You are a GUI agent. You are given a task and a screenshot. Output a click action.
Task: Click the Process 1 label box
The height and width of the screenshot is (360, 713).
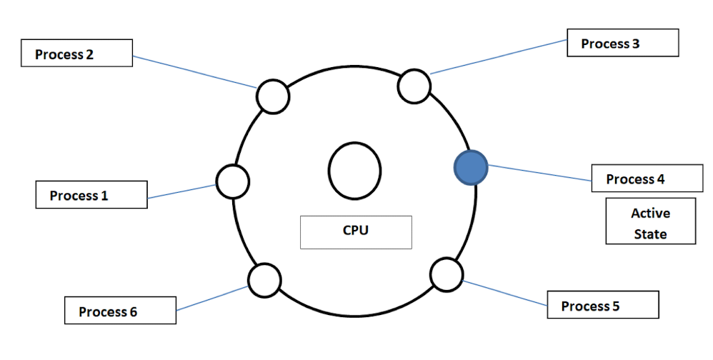tap(91, 194)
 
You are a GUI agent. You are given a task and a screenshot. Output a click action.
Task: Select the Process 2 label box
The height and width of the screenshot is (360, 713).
tap(77, 54)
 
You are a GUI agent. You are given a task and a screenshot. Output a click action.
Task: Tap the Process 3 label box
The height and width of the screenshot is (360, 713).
tap(622, 43)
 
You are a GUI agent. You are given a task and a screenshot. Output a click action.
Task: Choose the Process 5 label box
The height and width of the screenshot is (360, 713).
tap(602, 305)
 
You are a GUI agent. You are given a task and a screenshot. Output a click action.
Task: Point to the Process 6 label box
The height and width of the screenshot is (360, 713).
tap(119, 311)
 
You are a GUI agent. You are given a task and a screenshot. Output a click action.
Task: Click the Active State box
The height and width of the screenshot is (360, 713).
tap(650, 222)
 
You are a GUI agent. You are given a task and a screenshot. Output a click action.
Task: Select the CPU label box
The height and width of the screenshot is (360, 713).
tap(356, 231)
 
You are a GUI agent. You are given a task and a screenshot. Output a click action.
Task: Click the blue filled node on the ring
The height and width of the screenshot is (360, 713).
tap(471, 167)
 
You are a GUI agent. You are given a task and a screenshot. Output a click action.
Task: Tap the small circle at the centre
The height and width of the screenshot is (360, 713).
tap(355, 171)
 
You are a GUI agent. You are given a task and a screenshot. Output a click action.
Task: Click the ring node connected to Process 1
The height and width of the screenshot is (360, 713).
tap(232, 181)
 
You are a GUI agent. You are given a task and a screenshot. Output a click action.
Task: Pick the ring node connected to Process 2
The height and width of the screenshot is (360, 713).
tap(272, 96)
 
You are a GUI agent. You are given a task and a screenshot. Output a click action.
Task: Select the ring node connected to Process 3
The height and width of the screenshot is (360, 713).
tap(414, 86)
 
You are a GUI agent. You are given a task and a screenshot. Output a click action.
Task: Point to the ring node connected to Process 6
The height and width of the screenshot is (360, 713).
tap(264, 279)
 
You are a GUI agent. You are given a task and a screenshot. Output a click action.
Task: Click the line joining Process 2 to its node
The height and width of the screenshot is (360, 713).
tap(194, 72)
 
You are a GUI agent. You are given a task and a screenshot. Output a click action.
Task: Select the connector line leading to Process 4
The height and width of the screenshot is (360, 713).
tap(539, 174)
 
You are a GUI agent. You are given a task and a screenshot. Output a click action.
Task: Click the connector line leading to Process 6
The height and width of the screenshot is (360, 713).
tap(212, 299)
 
